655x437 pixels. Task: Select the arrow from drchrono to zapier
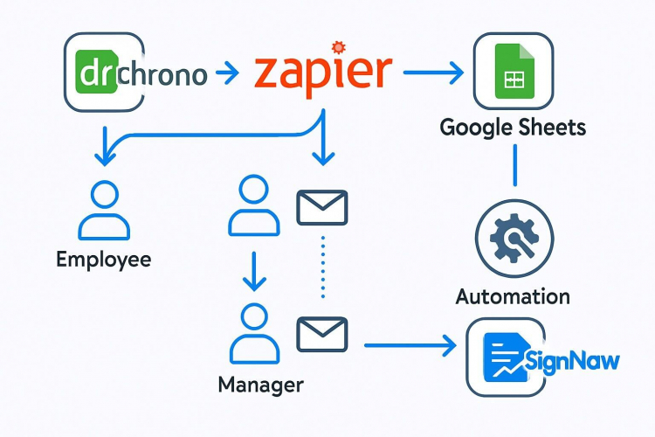click(x=224, y=73)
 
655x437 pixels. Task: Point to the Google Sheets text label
click(x=513, y=128)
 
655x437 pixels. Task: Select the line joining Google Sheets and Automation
click(x=514, y=165)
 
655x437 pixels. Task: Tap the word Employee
click(x=103, y=260)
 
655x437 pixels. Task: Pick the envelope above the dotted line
click(x=322, y=207)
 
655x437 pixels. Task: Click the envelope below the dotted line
click(x=322, y=334)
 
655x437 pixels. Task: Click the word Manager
click(x=260, y=385)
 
